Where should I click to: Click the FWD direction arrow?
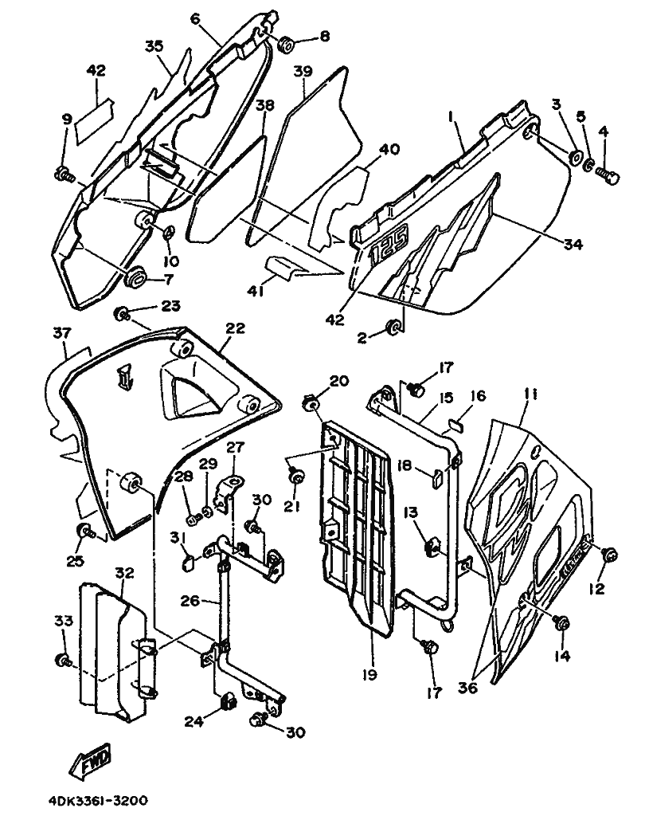(91, 759)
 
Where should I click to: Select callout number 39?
(303, 71)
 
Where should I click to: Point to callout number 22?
(235, 328)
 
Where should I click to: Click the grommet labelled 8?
(286, 45)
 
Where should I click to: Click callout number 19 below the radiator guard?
(369, 675)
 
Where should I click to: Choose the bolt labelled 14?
(561, 623)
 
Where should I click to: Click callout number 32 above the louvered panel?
(125, 573)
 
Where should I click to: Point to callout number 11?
(530, 395)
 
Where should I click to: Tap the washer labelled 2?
(393, 328)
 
